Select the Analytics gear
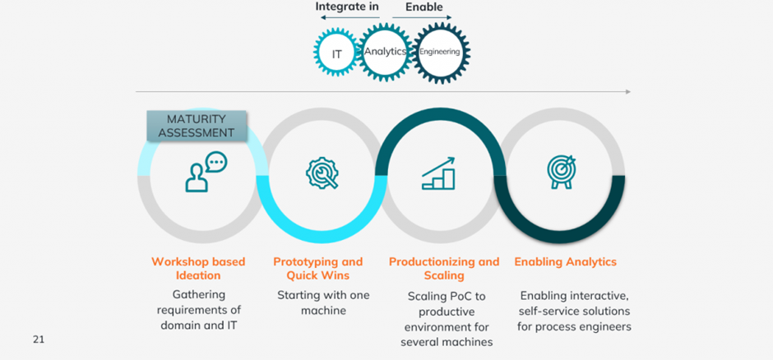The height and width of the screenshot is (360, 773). point(386,51)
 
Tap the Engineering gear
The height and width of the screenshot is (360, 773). point(440,51)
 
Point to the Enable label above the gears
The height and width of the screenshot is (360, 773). point(424,7)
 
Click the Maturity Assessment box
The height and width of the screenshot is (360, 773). point(197,126)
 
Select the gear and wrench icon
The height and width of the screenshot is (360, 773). point(322,173)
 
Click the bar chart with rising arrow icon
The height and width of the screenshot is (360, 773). point(439,173)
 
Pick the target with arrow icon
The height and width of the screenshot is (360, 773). point(562,172)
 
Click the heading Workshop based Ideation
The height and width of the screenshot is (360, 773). point(197,269)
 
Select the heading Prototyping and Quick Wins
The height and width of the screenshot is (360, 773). point(318,269)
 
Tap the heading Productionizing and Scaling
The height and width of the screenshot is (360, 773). point(444,269)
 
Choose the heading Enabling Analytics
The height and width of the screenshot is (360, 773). point(566,262)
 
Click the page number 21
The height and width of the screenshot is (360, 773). point(39,339)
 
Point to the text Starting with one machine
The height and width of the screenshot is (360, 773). point(323,302)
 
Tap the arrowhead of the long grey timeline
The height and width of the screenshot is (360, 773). point(627,91)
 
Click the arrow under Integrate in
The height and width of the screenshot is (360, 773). point(349,18)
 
